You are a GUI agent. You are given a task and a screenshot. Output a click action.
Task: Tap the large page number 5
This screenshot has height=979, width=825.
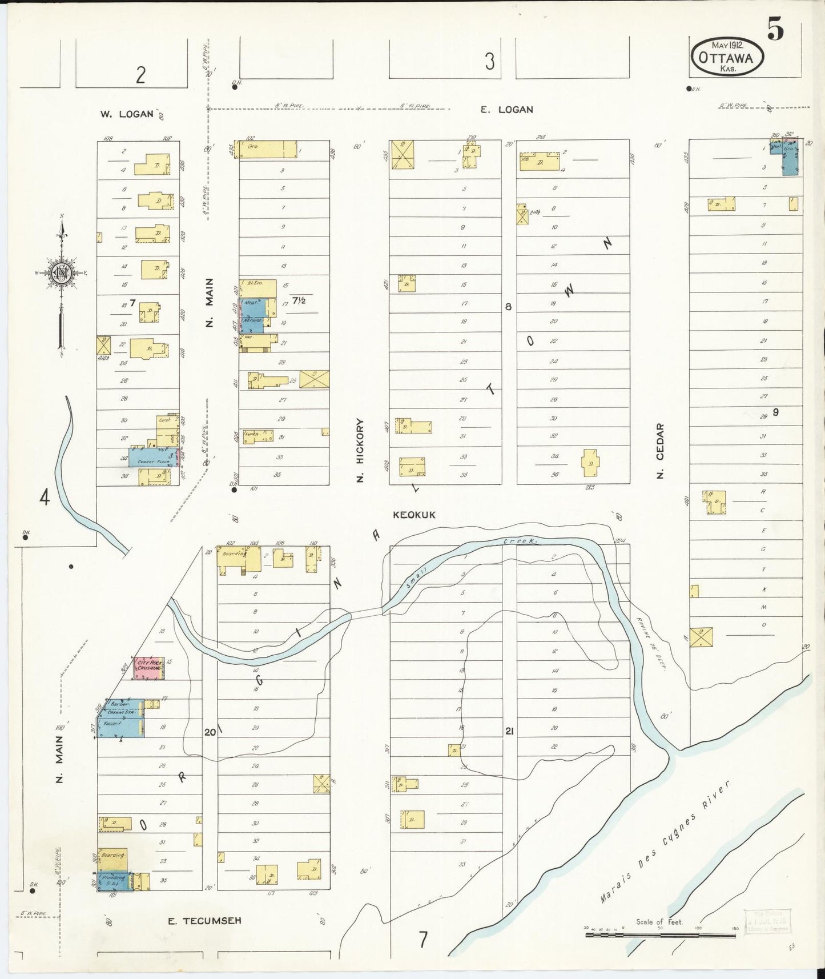click(x=775, y=29)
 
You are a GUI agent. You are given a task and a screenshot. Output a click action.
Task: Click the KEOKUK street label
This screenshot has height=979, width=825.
click(x=414, y=515)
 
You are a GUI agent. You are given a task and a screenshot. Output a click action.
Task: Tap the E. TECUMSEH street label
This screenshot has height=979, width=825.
click(x=204, y=920)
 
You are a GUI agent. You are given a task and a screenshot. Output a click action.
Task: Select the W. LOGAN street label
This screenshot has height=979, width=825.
click(x=127, y=114)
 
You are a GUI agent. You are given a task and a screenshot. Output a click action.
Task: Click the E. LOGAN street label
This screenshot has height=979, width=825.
click(x=506, y=109)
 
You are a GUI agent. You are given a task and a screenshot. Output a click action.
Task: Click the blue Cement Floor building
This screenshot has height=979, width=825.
click(x=152, y=458)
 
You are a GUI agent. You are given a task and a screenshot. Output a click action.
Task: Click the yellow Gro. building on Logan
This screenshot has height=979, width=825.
click(x=267, y=149)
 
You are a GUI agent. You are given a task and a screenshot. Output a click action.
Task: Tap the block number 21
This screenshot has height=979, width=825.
click(x=509, y=731)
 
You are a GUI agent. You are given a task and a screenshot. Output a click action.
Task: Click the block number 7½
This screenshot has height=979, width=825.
click(x=299, y=300)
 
